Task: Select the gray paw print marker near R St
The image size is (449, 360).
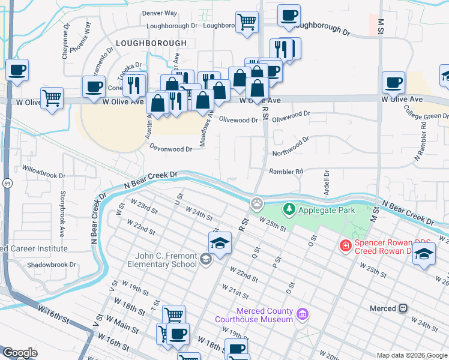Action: (x=257, y=203)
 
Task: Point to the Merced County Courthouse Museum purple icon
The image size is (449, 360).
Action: (x=303, y=314)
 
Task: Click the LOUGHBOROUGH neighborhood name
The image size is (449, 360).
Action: (x=151, y=44)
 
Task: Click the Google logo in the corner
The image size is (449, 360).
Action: (x=20, y=353)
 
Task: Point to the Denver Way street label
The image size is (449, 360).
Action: (x=159, y=13)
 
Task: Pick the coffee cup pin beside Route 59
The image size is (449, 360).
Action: (x=17, y=70)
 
